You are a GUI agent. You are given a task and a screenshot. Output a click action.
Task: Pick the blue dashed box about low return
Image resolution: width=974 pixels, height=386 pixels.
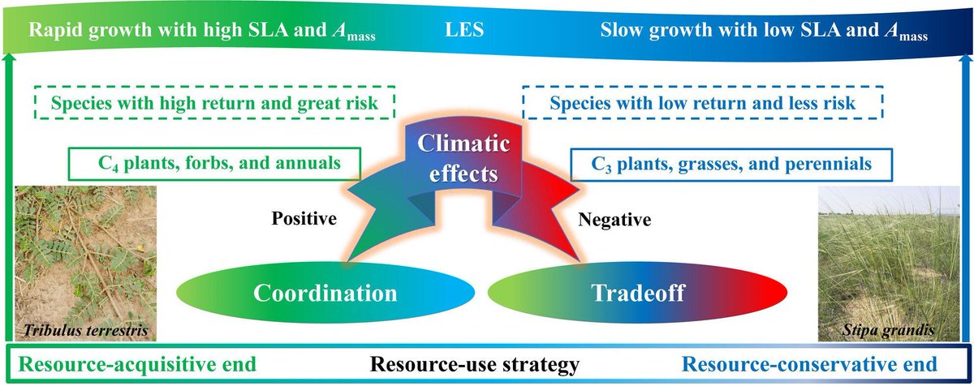[702, 104]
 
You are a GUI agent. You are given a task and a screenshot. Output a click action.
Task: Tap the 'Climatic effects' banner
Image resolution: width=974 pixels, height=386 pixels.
[465, 161]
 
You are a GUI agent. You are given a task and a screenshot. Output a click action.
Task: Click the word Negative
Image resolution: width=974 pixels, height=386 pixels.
[615, 219]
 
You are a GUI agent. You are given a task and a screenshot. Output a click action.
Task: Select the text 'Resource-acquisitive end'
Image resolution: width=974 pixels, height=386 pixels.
[134, 364]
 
